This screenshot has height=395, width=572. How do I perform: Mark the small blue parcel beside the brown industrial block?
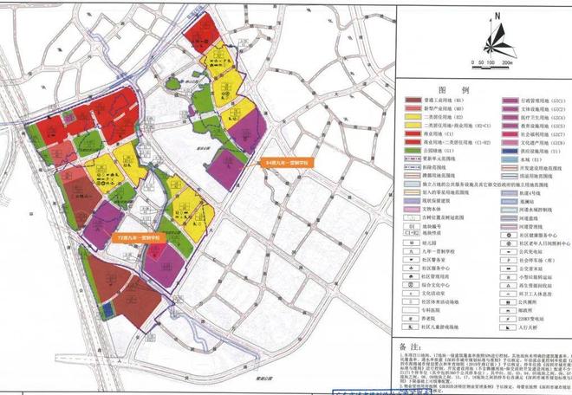[x=107, y=309]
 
